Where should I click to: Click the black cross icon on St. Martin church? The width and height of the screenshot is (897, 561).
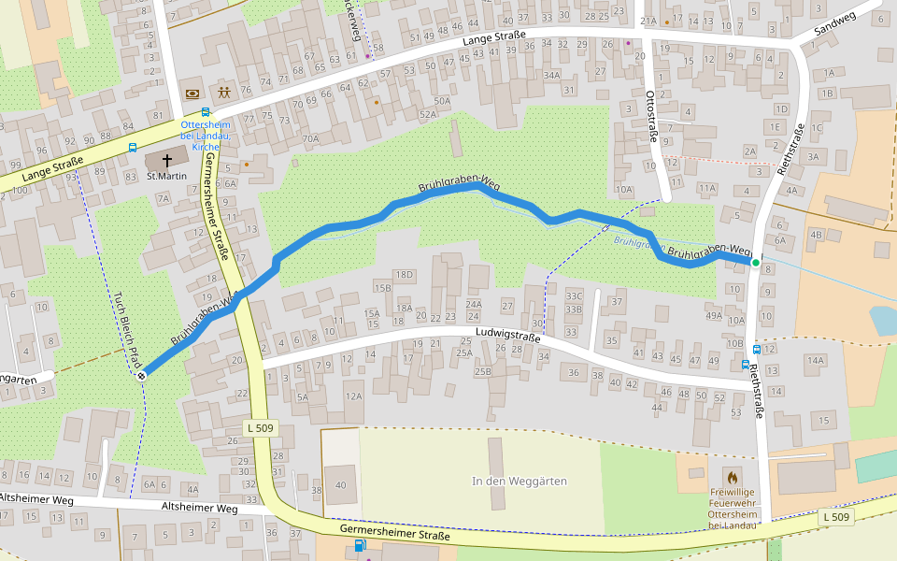pos(167,160)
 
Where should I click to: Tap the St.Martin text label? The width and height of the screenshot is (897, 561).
pos(166,176)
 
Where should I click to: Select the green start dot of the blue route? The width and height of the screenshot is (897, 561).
pos(756,263)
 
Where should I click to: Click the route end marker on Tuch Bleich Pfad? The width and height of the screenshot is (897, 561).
pos(141,375)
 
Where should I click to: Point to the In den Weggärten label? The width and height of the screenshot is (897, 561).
pos(520,481)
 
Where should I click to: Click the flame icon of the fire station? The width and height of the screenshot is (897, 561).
pos(732,475)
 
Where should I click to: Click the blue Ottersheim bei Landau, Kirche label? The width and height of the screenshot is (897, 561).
pos(206,136)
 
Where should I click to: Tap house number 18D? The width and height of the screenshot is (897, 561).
pos(404,274)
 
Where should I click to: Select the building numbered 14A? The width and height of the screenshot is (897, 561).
pos(816,360)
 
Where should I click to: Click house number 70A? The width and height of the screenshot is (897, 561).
pos(310,139)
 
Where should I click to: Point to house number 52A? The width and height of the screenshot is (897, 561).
pos(428,114)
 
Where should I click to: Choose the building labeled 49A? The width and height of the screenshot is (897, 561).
pos(714,315)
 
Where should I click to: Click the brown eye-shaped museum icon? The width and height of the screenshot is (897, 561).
pos(192,93)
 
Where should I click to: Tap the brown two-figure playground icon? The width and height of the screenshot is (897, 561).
pos(224,93)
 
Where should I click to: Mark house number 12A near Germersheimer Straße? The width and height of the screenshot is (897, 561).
pos(353,396)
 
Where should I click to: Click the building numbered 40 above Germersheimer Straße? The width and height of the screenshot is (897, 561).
pos(340,484)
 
